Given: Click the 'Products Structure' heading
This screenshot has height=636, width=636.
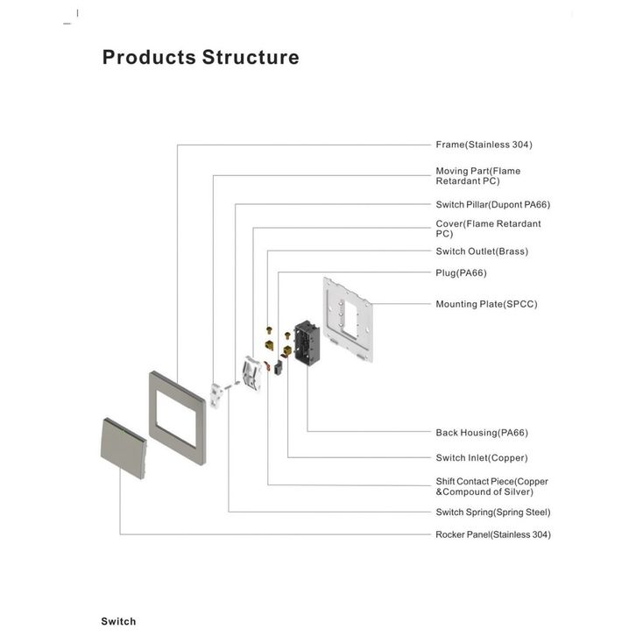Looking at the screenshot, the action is point(201,57).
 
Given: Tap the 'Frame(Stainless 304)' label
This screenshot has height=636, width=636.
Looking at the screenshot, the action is point(484,145).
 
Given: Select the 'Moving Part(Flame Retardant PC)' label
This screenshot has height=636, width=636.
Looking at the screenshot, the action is point(477,176).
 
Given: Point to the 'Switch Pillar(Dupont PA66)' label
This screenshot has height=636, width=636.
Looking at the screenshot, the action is point(493,204).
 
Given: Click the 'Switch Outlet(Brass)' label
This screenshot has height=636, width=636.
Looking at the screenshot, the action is point(482,251).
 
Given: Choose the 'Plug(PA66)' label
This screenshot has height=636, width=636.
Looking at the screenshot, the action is point(461,273).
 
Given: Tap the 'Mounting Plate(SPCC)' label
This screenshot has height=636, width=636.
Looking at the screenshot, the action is point(486,304).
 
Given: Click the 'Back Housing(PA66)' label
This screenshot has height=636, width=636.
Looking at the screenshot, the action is point(482,433).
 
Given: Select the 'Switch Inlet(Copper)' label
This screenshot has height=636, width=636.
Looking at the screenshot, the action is point(482,458).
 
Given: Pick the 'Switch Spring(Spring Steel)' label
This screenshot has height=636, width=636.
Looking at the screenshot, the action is point(493,512).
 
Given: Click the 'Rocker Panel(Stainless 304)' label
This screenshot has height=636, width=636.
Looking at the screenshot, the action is point(493,534).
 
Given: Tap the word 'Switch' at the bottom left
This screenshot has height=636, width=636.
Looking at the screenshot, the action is point(118,621).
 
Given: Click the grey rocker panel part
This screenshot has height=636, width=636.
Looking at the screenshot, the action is point(124,449).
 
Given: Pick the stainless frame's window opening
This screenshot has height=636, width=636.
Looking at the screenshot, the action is point(176,418).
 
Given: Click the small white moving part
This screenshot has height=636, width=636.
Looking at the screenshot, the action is point(216,395).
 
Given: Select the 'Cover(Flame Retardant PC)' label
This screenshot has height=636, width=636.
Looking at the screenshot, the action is point(488,229).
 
